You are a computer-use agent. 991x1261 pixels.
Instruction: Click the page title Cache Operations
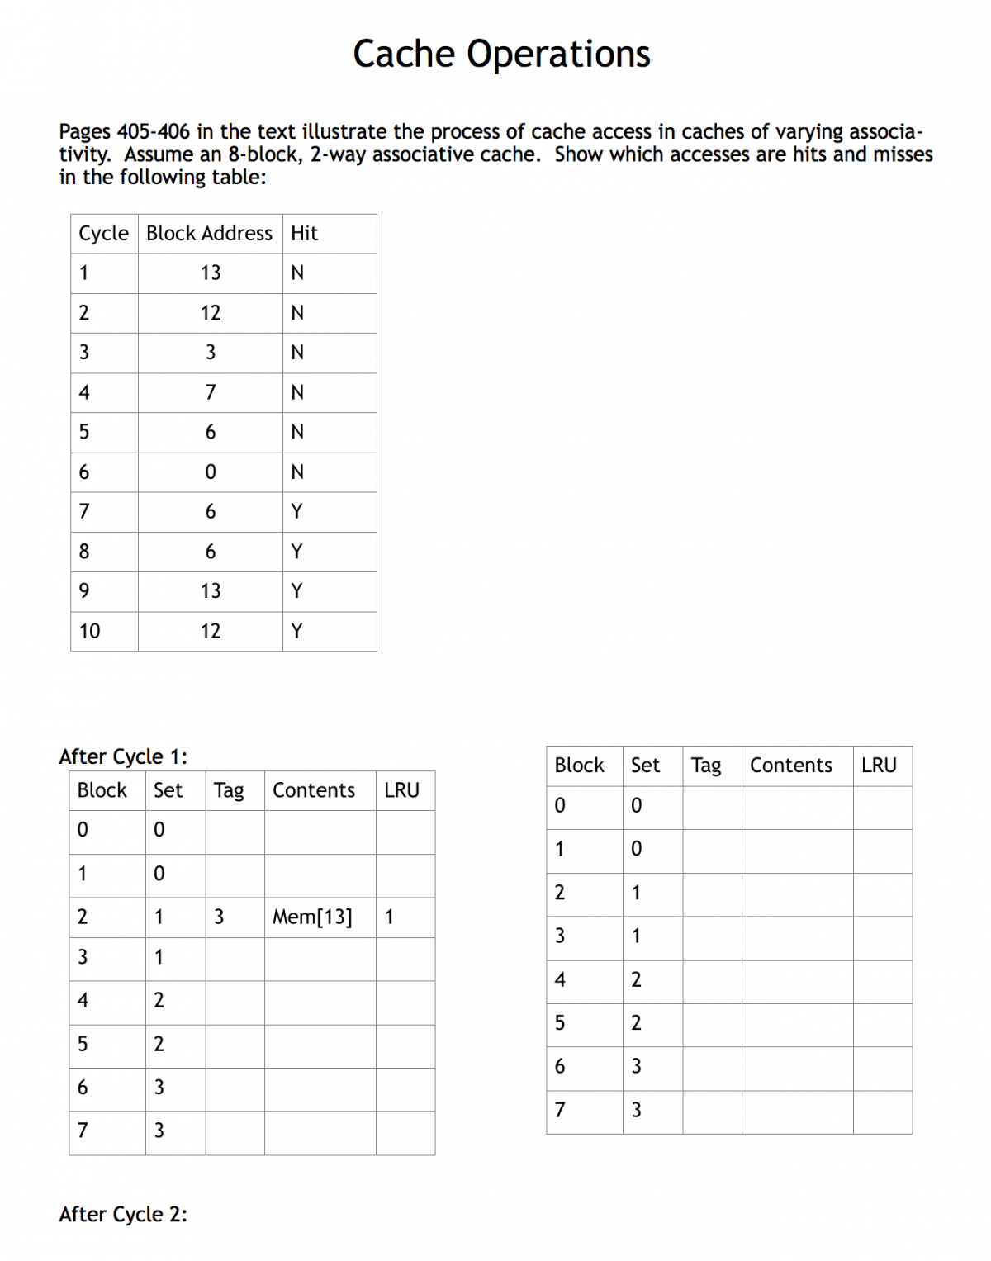click(501, 55)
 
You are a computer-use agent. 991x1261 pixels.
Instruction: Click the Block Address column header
click(209, 234)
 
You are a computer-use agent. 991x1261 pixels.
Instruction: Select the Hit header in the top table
click(304, 234)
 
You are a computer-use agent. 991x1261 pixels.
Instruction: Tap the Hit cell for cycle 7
click(297, 512)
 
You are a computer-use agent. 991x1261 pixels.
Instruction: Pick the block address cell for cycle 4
click(211, 392)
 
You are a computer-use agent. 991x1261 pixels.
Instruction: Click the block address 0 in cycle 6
click(211, 472)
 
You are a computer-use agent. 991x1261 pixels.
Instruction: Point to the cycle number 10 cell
click(89, 632)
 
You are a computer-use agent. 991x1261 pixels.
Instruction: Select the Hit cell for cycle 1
click(297, 273)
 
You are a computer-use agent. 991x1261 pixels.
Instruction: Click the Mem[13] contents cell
click(312, 917)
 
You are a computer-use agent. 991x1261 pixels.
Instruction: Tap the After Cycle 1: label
click(123, 756)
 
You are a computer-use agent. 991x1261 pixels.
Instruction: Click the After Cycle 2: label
click(123, 1214)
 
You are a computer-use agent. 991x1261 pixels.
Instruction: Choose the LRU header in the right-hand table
click(879, 766)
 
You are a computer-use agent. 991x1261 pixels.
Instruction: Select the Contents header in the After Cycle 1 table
click(314, 790)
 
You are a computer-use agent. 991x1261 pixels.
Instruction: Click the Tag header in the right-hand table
click(706, 766)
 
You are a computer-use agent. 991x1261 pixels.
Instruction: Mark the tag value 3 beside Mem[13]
click(219, 917)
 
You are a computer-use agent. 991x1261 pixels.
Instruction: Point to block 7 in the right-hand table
click(560, 1110)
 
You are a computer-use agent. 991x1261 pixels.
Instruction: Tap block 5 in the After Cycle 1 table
click(83, 1045)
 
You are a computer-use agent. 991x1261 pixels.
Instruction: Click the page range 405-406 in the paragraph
click(154, 132)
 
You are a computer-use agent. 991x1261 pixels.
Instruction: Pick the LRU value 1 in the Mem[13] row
click(389, 917)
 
